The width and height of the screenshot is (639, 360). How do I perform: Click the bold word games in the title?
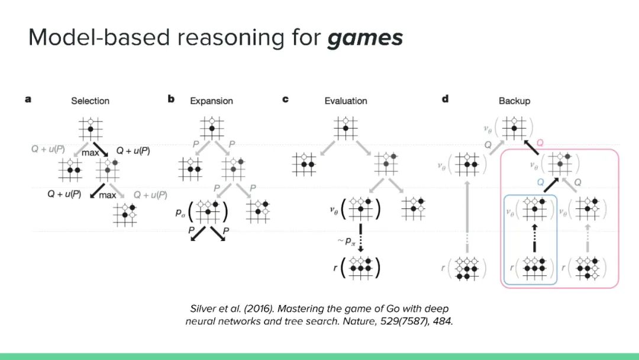click(x=365, y=38)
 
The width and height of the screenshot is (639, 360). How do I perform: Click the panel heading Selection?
click(x=90, y=101)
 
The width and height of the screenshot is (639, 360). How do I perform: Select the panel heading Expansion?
click(x=211, y=101)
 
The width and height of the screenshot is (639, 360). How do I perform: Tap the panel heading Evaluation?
click(x=346, y=101)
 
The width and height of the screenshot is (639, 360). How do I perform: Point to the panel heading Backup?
click(x=514, y=101)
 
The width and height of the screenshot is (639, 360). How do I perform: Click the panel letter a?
click(x=28, y=99)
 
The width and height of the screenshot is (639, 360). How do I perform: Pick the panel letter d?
click(x=445, y=99)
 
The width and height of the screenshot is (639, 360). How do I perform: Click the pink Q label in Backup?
click(x=539, y=143)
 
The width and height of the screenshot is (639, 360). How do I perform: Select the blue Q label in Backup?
click(x=541, y=183)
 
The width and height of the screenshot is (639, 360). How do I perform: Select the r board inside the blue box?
click(x=534, y=268)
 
